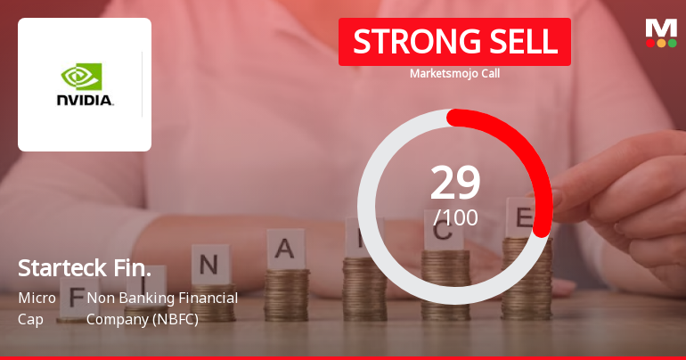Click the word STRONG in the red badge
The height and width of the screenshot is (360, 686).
pyautogui.click(x=404, y=42)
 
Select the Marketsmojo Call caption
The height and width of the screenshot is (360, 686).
pyautogui.click(x=454, y=74)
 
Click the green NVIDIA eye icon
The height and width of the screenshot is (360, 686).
pyautogui.click(x=81, y=77)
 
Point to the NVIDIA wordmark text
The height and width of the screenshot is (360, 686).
pyautogui.click(x=85, y=101)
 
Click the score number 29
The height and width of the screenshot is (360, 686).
pyautogui.click(x=455, y=184)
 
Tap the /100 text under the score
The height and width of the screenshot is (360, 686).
pyautogui.click(x=455, y=217)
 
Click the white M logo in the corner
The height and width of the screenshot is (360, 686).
pyautogui.click(x=661, y=28)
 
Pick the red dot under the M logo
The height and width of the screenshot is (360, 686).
pyautogui.click(x=650, y=43)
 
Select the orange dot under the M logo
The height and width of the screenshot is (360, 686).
pyautogui.click(x=661, y=43)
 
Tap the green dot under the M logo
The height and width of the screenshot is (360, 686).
pyautogui.click(x=672, y=43)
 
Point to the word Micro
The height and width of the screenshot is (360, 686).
pyautogui.click(x=37, y=298)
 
